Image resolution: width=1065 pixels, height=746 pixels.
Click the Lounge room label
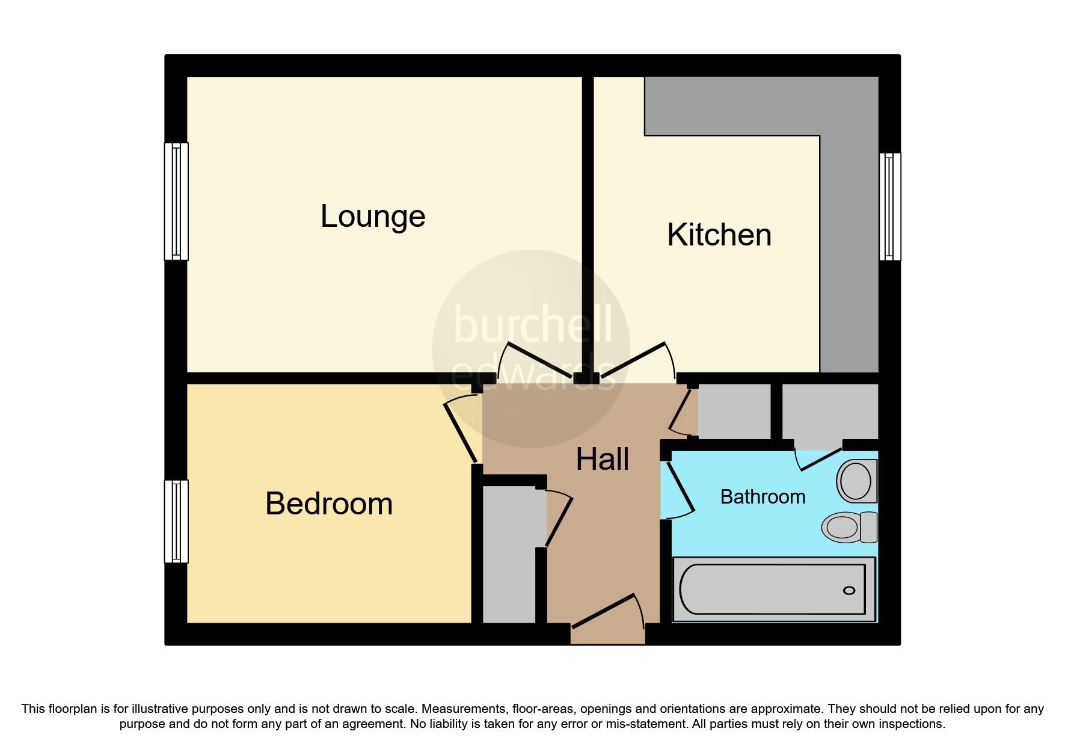click(373, 217)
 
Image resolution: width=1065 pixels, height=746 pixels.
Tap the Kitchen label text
click(719, 235)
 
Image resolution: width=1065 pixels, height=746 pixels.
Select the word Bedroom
click(329, 504)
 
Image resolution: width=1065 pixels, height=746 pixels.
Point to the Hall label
click(603, 460)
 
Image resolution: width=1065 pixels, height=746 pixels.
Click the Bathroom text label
click(763, 497)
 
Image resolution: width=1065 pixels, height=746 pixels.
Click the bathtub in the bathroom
click(773, 589)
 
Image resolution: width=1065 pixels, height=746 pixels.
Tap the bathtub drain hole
click(849, 590)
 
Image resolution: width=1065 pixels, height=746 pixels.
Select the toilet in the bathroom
click(849, 527)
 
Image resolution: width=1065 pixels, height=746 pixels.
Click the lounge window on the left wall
click(176, 201)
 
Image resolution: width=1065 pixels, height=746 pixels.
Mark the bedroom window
click(176, 521)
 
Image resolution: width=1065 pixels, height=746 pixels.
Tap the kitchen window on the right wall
click(890, 206)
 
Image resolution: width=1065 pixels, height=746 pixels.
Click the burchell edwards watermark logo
click(531, 348)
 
